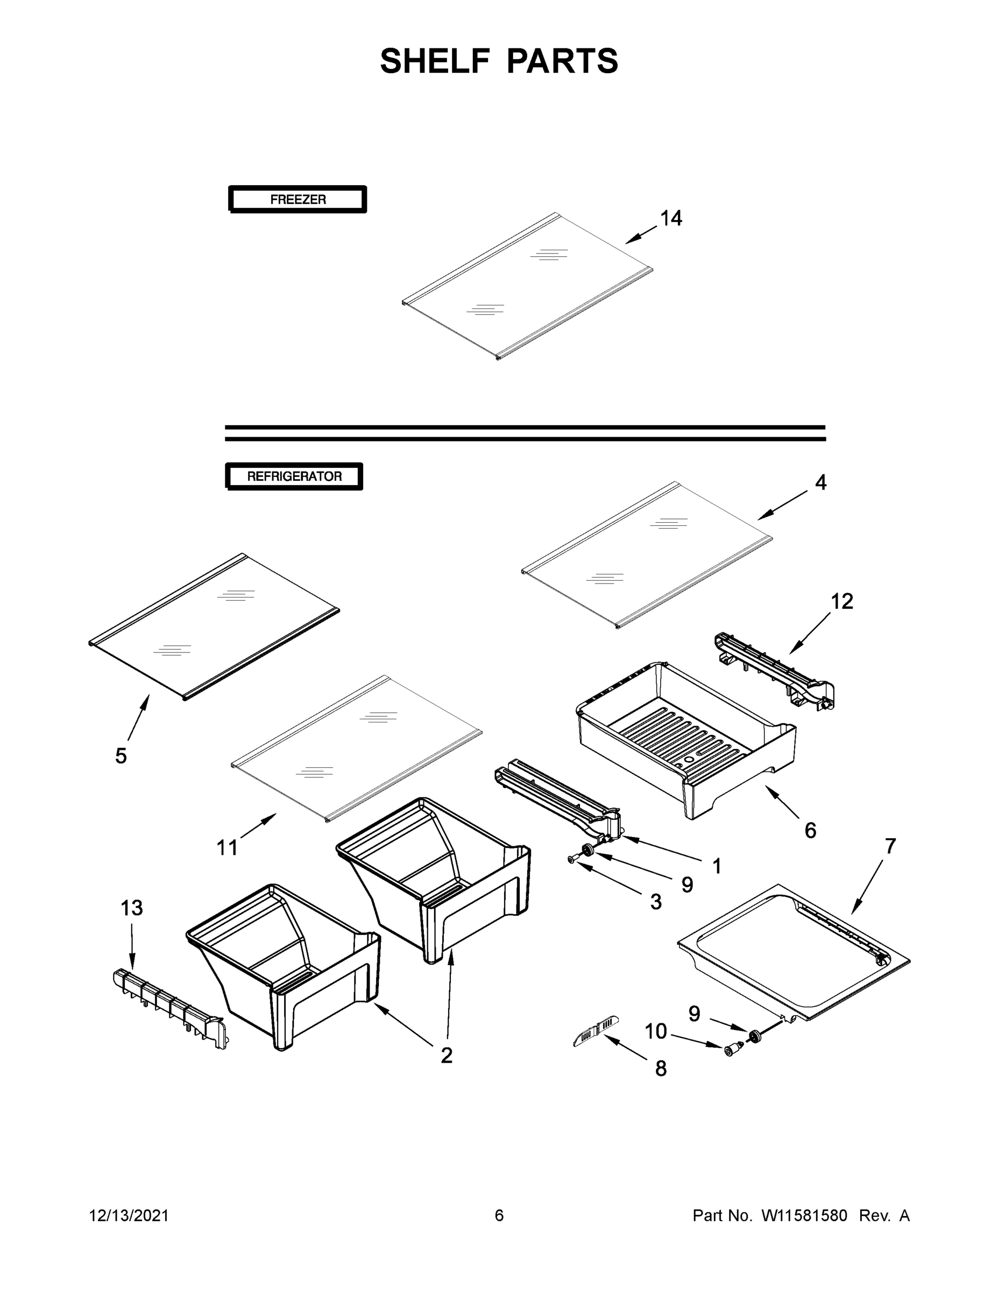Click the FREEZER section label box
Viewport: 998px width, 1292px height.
tap(298, 199)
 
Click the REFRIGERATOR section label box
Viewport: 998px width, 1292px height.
tap(294, 476)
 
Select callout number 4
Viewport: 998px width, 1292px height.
tap(820, 483)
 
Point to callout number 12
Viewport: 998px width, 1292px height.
tap(842, 602)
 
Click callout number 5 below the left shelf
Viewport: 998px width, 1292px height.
tap(121, 755)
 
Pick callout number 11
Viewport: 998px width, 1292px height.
tap(227, 848)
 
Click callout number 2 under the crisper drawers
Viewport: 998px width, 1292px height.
tap(447, 1055)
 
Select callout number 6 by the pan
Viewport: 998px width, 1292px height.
tap(810, 831)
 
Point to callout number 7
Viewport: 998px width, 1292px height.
tap(890, 846)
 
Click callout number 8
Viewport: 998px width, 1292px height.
tap(661, 1069)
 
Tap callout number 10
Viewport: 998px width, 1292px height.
tap(655, 1031)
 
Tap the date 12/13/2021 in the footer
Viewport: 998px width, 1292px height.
tap(129, 1216)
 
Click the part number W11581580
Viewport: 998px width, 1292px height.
tap(804, 1216)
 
